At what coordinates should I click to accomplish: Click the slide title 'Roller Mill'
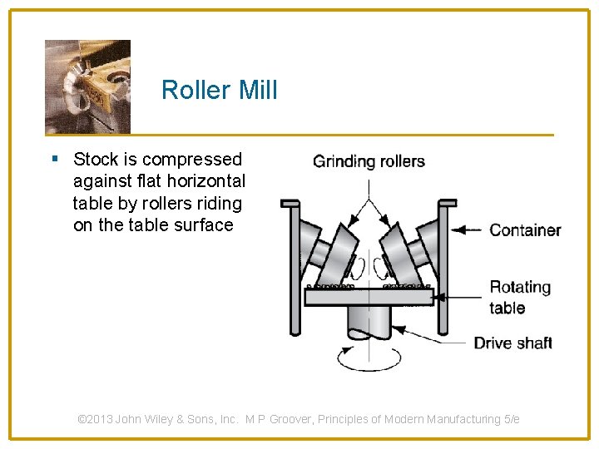tap(219, 90)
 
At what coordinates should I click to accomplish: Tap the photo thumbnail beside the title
tap(87, 86)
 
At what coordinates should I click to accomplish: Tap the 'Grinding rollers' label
tap(369, 161)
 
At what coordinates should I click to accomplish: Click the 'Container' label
tap(525, 230)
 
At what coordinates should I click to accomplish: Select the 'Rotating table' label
tap(519, 297)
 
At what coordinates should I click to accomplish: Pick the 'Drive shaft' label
tap(512, 343)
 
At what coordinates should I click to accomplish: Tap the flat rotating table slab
tap(369, 296)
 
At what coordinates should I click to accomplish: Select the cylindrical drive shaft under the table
tap(369, 320)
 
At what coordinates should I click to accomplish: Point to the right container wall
tap(443, 266)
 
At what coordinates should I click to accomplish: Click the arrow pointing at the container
tap(468, 230)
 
